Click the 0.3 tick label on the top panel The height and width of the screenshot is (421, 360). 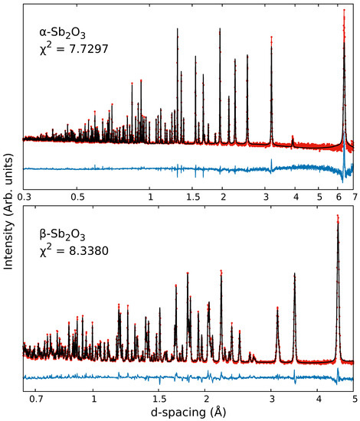[24, 197]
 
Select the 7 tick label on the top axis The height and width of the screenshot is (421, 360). [354, 197]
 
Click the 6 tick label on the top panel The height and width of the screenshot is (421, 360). [338, 197]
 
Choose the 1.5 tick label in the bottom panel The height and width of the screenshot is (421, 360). [159, 399]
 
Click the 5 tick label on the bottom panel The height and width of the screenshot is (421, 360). [354, 399]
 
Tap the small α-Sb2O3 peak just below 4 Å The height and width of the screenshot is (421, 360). [293, 137]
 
